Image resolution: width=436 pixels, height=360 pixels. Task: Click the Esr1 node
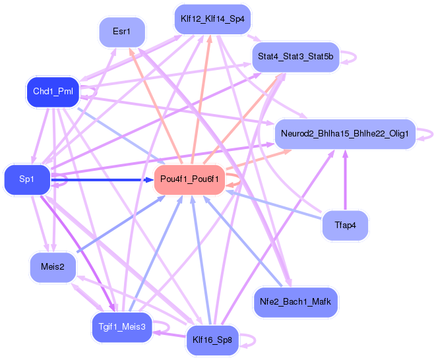point(122,32)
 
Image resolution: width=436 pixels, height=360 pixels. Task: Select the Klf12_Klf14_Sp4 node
point(212,19)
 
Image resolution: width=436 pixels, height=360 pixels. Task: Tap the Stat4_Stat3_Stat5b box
point(296,57)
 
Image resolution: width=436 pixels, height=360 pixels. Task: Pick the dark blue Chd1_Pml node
point(53,92)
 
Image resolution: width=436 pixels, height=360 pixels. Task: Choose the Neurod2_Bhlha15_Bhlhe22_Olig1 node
point(344,134)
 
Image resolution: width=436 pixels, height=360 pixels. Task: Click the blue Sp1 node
point(27,179)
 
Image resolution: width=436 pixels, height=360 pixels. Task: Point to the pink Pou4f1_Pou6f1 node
point(190,179)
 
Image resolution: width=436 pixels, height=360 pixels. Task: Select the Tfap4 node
point(344,225)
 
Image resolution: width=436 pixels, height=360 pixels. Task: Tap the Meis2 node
point(53,267)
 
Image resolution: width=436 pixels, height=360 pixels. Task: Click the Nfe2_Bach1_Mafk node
point(296,302)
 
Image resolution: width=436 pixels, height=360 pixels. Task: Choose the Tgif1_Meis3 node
point(122,327)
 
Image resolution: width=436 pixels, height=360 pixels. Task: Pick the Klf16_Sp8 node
point(212,340)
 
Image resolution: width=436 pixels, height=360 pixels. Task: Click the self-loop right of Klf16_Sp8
point(249,340)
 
